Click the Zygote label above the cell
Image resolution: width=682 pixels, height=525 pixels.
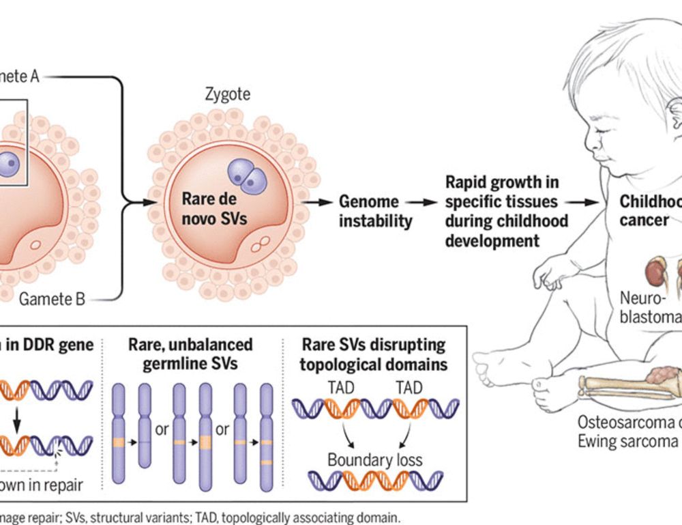[x=227, y=93]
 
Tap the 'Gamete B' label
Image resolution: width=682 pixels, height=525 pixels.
[x=52, y=298]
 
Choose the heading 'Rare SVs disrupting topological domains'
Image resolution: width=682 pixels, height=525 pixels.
[x=374, y=354]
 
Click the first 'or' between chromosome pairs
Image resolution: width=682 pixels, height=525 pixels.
[x=162, y=430]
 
